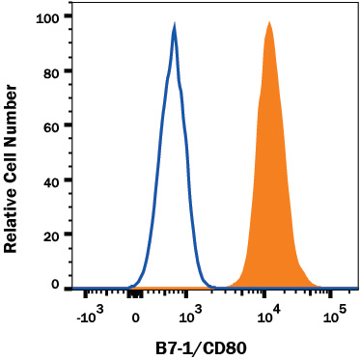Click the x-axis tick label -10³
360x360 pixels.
(x=88, y=317)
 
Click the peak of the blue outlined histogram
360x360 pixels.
(x=174, y=28)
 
